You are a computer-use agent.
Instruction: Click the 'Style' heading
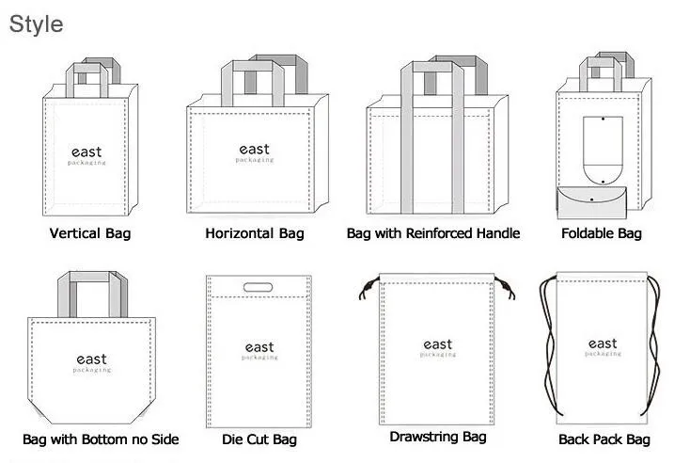point(37,23)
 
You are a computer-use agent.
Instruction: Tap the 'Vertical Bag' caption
point(90,232)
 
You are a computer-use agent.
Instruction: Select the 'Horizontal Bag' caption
point(255,232)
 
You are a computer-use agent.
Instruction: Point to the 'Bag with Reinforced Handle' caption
point(432,232)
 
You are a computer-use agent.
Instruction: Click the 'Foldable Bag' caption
point(602,232)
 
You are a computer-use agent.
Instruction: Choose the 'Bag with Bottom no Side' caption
point(101,439)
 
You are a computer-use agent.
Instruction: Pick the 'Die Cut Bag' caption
point(259,439)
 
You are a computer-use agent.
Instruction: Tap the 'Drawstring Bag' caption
point(438,437)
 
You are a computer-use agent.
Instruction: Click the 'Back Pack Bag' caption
point(604,439)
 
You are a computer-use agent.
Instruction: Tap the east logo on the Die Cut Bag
point(259,350)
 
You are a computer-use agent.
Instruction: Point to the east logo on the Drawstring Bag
point(438,347)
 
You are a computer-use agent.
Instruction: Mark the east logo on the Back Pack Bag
point(603,346)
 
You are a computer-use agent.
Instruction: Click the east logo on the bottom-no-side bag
point(91,362)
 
